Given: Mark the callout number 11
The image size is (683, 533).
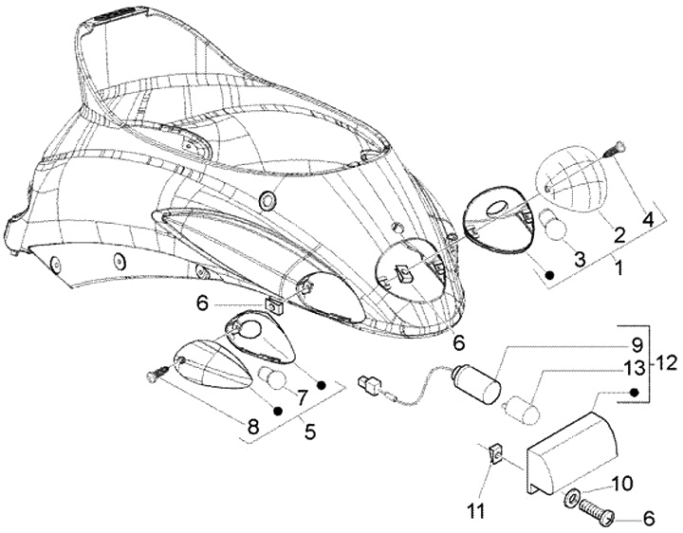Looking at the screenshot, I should [x=475, y=511].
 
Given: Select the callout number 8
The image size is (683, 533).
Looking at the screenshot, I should [x=252, y=428].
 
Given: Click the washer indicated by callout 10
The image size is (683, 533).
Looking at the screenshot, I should [x=573, y=497].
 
